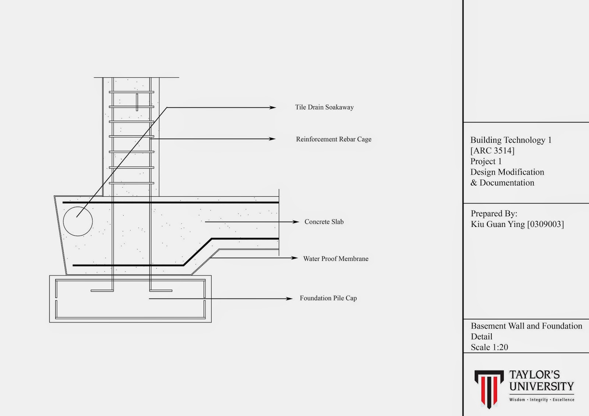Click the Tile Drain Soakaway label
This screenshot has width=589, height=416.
(x=324, y=107)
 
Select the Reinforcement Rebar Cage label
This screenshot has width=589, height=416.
(x=334, y=139)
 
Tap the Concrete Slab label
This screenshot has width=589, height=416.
(x=324, y=222)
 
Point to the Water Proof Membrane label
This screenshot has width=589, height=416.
(x=336, y=259)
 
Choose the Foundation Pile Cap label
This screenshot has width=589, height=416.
(x=328, y=298)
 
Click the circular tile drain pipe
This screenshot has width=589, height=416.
(x=78, y=221)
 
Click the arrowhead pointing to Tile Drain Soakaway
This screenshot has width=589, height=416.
(x=273, y=107)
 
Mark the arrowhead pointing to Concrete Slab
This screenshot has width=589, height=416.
(x=296, y=222)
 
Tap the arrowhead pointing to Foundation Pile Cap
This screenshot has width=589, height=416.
(x=289, y=299)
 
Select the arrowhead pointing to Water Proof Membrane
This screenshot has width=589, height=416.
(x=294, y=258)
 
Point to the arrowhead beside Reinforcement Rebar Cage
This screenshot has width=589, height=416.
(x=272, y=139)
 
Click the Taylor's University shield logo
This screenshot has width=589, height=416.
(x=489, y=388)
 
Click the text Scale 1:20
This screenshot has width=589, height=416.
(x=489, y=347)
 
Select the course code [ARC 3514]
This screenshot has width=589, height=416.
(x=493, y=151)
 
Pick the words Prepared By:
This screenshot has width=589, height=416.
(x=494, y=214)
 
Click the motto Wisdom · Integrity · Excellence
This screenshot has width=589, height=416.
(x=542, y=400)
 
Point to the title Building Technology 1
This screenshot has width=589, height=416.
(x=511, y=140)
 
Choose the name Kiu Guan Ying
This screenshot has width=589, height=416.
(x=498, y=224)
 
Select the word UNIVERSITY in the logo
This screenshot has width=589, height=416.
(x=542, y=387)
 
